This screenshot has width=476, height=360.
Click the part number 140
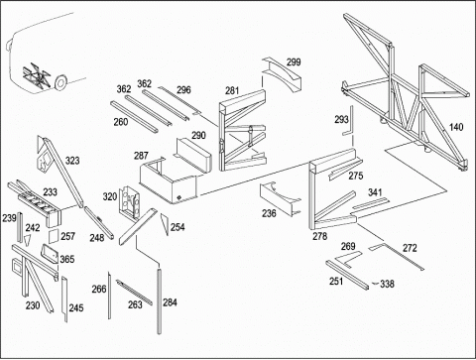pyautogui.click(x=456, y=127)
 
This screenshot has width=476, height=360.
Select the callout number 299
pyautogui.click(x=294, y=62)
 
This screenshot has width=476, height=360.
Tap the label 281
pyautogui.click(x=232, y=90)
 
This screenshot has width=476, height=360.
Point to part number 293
pyautogui.click(x=341, y=119)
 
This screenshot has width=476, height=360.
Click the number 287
pyautogui.click(x=141, y=156)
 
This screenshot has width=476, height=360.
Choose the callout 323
pyautogui.click(x=72, y=161)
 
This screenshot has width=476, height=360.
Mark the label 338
pyautogui.click(x=387, y=284)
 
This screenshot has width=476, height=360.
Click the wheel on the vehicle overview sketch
pyautogui.click(x=60, y=82)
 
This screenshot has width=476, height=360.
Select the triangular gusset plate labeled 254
pyautogui.click(x=165, y=224)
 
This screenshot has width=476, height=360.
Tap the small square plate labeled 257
pyautogui.click(x=54, y=236)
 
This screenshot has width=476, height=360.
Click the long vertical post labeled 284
pyautogui.click(x=159, y=300)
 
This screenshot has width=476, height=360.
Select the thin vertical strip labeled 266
pyautogui.click(x=109, y=296)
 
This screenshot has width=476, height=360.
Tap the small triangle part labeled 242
pyautogui.click(x=28, y=240)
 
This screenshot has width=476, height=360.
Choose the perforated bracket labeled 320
pyautogui.click(x=130, y=202)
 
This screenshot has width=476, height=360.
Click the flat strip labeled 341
pyautogui.click(x=370, y=203)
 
